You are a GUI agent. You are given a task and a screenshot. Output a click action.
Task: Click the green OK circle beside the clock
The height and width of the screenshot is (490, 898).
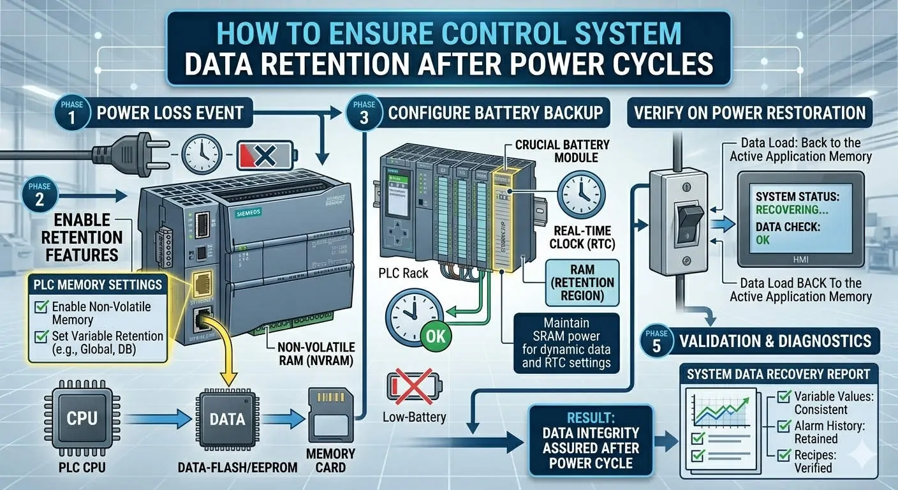[436, 335]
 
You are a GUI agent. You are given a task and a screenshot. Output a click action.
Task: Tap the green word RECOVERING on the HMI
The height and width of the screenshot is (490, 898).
[788, 209]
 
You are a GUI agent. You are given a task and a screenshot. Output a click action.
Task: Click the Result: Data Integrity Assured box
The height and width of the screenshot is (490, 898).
[591, 441]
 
